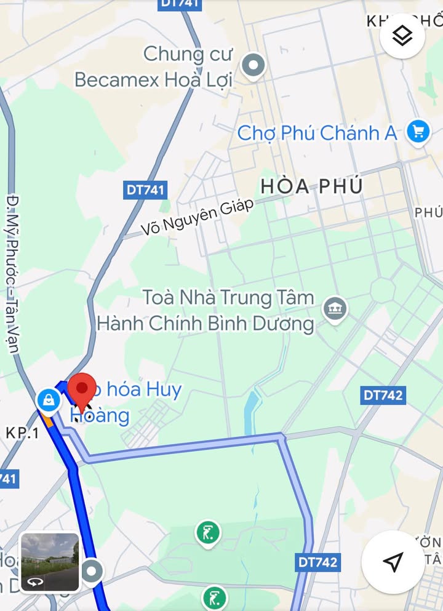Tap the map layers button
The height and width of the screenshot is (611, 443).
point(402,36)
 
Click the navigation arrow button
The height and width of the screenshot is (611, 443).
point(393,561)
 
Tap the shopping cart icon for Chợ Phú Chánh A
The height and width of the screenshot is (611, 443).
point(418,132)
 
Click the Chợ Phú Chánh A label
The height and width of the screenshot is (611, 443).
point(317,133)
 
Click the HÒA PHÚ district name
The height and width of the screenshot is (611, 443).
point(311,186)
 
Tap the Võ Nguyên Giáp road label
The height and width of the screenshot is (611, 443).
point(198,217)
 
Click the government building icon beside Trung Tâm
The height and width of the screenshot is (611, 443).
point(335,309)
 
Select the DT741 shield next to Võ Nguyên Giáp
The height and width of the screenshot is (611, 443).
point(146,190)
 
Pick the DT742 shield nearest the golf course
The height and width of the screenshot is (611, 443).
point(318,562)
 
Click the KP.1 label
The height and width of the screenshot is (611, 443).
point(22,433)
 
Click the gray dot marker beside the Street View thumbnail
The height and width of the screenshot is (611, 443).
point(92,571)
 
